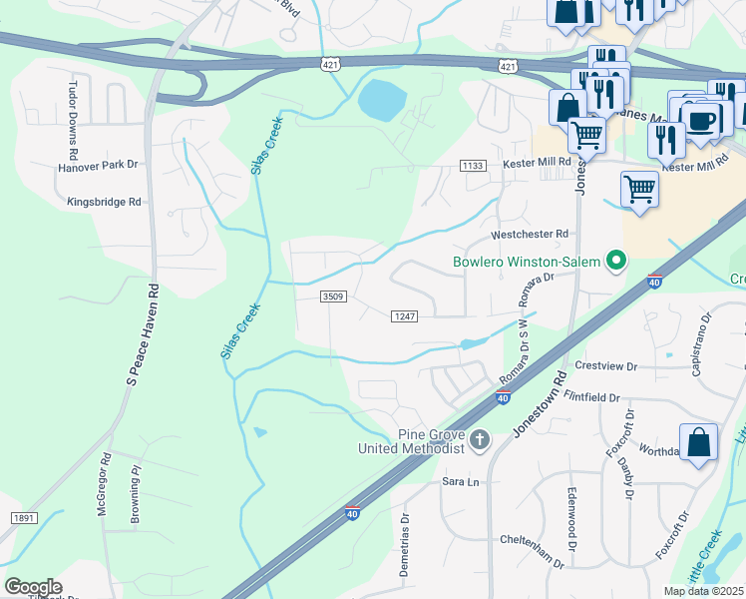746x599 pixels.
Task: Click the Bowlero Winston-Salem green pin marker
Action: pos(616,262)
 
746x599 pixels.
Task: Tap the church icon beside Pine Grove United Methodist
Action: pos(480,440)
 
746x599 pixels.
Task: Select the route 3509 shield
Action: pos(333,297)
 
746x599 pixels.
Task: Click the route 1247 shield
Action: pos(403,315)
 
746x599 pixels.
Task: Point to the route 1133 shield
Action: pos(473,164)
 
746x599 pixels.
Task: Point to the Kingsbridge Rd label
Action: pos(105,201)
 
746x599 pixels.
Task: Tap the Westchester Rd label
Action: pos(530,234)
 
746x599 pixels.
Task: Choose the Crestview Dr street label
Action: pos(605,366)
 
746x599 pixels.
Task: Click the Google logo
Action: pos(33,587)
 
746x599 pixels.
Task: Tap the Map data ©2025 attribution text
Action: pos(703,591)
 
